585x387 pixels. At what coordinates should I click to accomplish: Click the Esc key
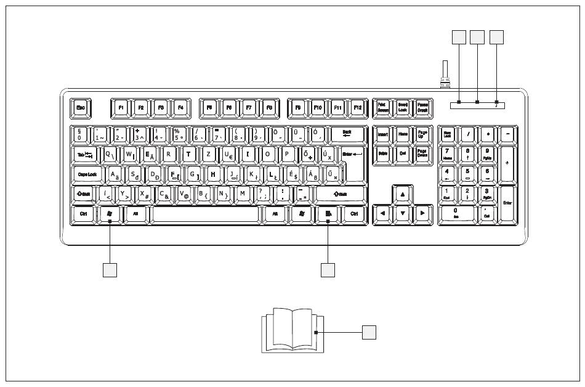tap(80, 107)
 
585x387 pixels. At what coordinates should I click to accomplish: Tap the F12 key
tap(358, 107)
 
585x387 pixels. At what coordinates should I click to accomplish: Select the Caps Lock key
tap(87, 174)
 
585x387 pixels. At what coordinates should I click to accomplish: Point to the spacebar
tap(205, 214)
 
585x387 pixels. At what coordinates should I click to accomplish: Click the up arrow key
tap(402, 195)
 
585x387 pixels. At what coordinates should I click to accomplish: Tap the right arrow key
tap(422, 214)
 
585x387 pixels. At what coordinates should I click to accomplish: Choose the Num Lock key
tap(448, 134)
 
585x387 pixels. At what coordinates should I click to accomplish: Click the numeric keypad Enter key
tap(507, 203)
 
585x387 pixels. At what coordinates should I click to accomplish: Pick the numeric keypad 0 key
tap(456, 214)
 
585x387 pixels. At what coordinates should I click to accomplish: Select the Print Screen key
tap(382, 107)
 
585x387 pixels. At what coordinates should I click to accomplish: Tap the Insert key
tap(382, 134)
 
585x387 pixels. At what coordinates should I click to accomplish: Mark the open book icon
tap(293, 330)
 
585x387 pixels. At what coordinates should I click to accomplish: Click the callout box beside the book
tap(368, 332)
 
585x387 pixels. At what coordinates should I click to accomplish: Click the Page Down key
tap(422, 153)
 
